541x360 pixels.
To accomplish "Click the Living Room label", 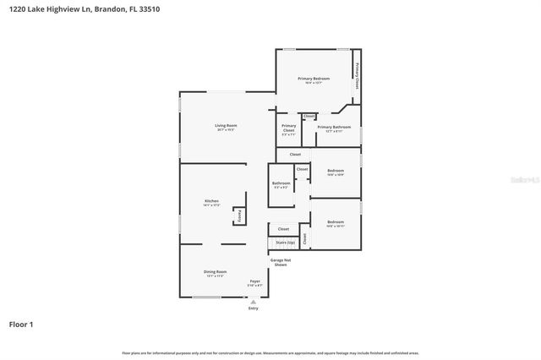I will pos(226,126).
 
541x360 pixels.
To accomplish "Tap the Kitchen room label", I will pos(211,201).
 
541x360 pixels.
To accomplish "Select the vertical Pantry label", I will pos(240,216).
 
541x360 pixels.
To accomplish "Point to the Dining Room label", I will pos(215,272).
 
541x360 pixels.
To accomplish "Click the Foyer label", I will pos(254,281).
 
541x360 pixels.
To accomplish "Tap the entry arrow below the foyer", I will pos(254,301).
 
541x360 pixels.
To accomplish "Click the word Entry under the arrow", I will pos(254,308).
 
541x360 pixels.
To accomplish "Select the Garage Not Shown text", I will pos(281,262).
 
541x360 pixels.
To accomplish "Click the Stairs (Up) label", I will pos(286,242).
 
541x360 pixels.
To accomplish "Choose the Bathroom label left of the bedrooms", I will pos(281,183).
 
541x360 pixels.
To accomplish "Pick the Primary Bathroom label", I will pos(334,127).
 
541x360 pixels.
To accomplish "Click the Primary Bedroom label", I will pos(314,79).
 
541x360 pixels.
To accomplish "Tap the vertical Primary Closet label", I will pos(358,74).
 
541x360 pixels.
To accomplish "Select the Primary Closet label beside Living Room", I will pos(289,129).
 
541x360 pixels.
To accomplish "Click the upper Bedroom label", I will pos(336,171).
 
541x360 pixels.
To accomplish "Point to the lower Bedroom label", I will pos(336,222).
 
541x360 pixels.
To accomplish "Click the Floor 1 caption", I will pos(22,324).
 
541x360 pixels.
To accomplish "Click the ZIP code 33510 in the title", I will pos(149,8).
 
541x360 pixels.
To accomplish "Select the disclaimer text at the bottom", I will pos(270,352).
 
